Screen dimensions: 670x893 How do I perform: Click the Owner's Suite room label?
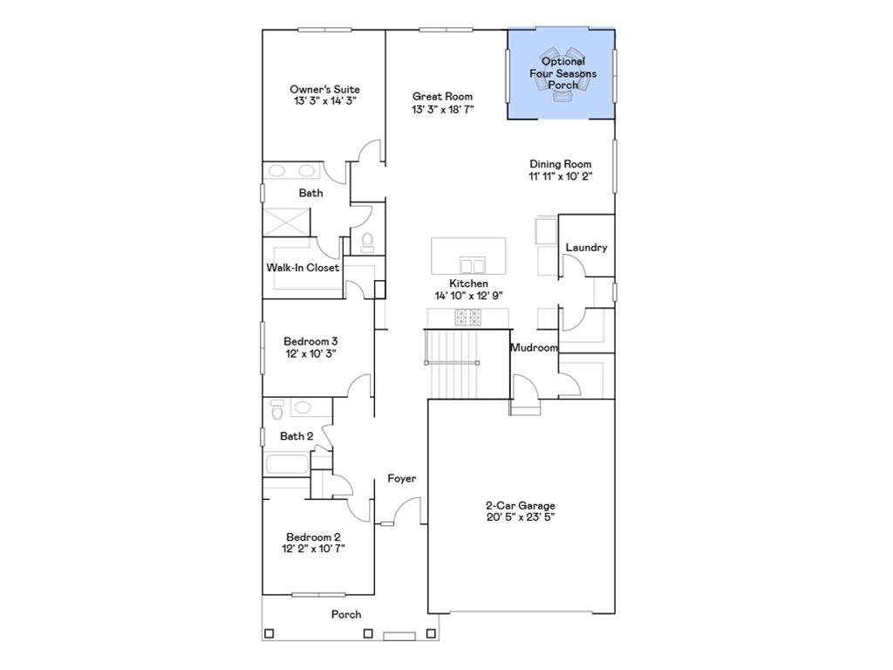coord(324,89)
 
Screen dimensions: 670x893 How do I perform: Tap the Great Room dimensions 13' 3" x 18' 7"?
coord(443,109)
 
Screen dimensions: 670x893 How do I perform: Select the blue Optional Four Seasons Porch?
coord(562,73)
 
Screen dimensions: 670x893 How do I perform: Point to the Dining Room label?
coord(561,164)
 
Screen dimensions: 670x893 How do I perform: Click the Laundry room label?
coord(586,248)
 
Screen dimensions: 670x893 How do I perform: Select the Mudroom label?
coord(534,347)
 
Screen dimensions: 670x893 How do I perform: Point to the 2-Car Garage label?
coord(520,506)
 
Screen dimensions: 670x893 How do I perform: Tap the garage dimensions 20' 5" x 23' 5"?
coord(520,517)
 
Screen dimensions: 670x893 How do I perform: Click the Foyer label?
coord(402,478)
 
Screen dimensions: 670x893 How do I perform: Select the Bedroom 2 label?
coord(313,537)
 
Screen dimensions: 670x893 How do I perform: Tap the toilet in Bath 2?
coord(277,408)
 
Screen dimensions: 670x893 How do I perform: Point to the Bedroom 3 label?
coord(310,341)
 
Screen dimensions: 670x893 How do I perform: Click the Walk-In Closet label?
coord(303,268)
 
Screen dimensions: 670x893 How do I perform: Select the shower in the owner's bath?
coord(286,222)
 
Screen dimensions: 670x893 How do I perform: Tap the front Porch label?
coord(346,614)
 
